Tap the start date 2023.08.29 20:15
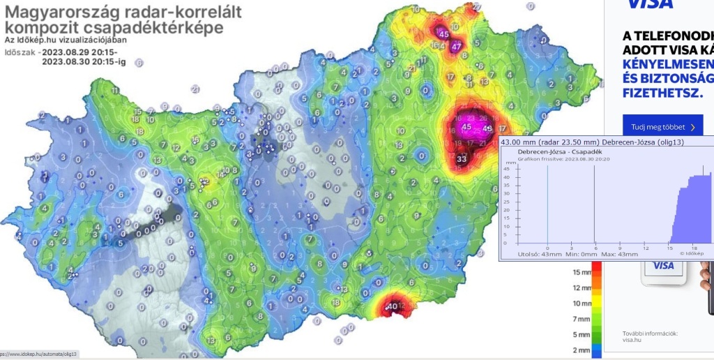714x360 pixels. tap(79, 52)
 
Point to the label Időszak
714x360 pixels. tap(20, 52)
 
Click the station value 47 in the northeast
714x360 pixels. tap(456, 47)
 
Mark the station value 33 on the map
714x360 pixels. tap(462, 159)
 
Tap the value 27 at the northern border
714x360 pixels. tap(477, 6)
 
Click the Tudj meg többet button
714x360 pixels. tap(662, 128)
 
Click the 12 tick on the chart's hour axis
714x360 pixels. tap(646, 247)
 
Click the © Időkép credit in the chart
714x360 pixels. tap(689, 254)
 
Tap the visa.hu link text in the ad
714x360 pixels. tap(633, 342)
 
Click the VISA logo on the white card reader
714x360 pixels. tap(663, 266)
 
